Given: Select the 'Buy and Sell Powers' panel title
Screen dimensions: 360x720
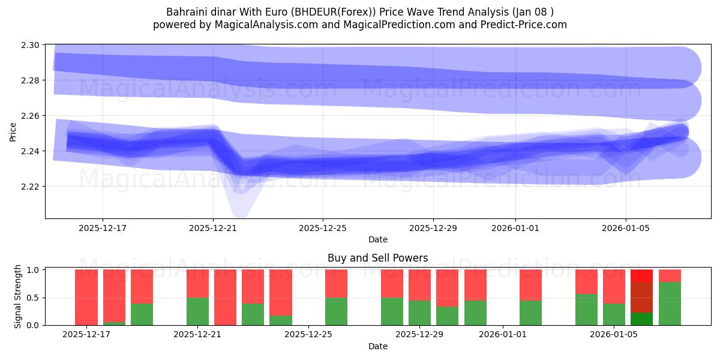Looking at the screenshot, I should tap(377, 258).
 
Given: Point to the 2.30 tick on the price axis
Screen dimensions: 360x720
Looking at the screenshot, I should tap(32, 45).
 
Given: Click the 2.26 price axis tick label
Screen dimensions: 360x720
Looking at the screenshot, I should tap(32, 116).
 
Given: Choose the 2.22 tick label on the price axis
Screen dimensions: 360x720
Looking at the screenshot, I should tap(32, 187).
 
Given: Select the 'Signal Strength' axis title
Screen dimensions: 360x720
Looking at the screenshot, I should tap(18, 296).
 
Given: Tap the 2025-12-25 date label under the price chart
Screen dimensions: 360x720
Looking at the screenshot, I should tap(323, 228).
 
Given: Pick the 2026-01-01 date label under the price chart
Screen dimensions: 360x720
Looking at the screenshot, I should tap(515, 228).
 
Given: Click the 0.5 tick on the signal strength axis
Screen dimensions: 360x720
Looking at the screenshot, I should tap(35, 298).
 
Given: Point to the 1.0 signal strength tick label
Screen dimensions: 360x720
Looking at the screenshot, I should tap(35, 270).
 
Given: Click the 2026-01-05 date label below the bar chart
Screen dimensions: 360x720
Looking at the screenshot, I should tap(614, 334).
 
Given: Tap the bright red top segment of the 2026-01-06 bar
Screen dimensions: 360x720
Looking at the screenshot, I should tap(641, 276).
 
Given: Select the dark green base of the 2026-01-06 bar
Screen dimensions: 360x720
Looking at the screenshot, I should tap(641, 319).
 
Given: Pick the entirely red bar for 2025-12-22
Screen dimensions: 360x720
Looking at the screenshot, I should tap(225, 297).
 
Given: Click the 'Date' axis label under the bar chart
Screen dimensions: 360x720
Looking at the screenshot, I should tap(377, 346).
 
